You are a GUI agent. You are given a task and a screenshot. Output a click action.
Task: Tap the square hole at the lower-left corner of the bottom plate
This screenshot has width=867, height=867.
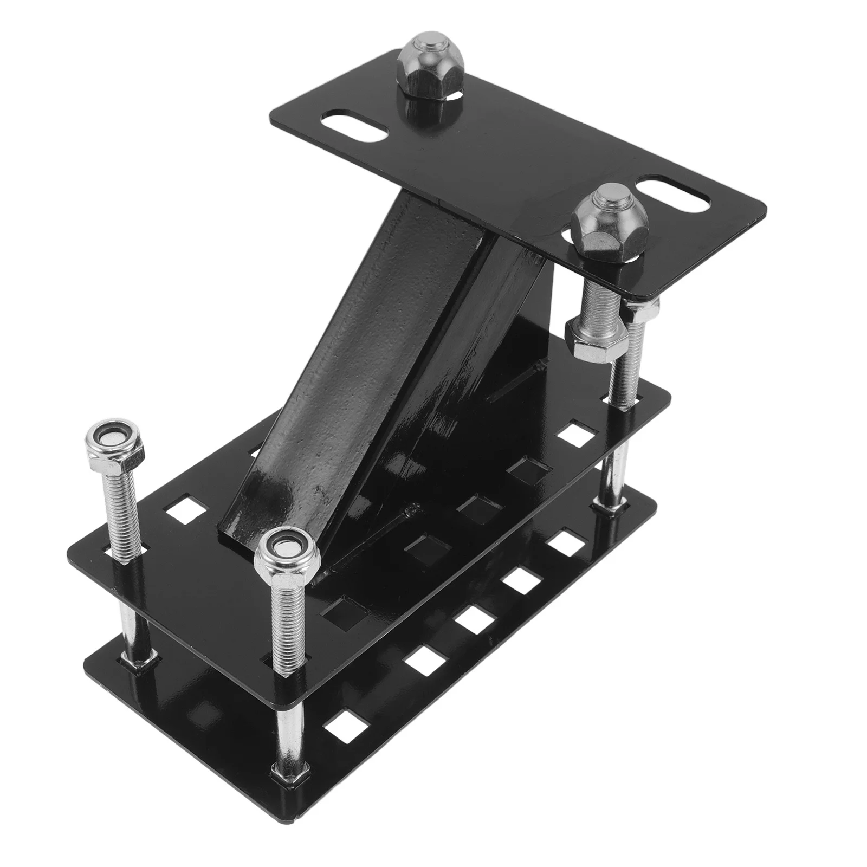click(342, 735)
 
